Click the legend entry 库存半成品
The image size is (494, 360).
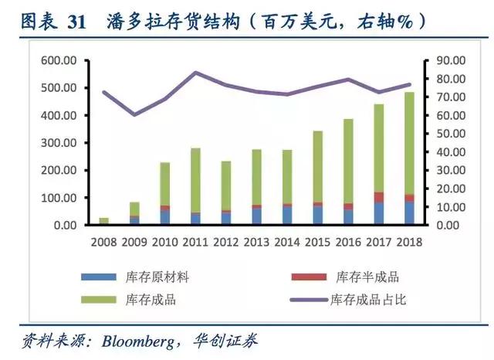point(367,277)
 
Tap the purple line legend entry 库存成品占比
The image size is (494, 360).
point(367,299)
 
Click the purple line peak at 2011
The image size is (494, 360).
point(195,73)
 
